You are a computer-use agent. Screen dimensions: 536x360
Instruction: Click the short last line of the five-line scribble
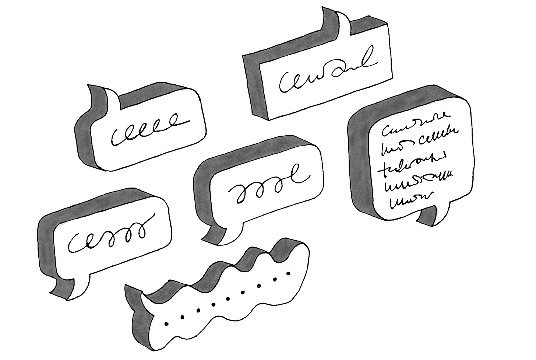[x=409, y=199]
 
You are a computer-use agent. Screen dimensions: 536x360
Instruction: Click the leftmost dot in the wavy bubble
[x=166, y=324]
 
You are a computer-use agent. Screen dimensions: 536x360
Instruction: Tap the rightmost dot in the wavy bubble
[x=288, y=273]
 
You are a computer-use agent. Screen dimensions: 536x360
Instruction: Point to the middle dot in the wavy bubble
[x=227, y=298]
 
